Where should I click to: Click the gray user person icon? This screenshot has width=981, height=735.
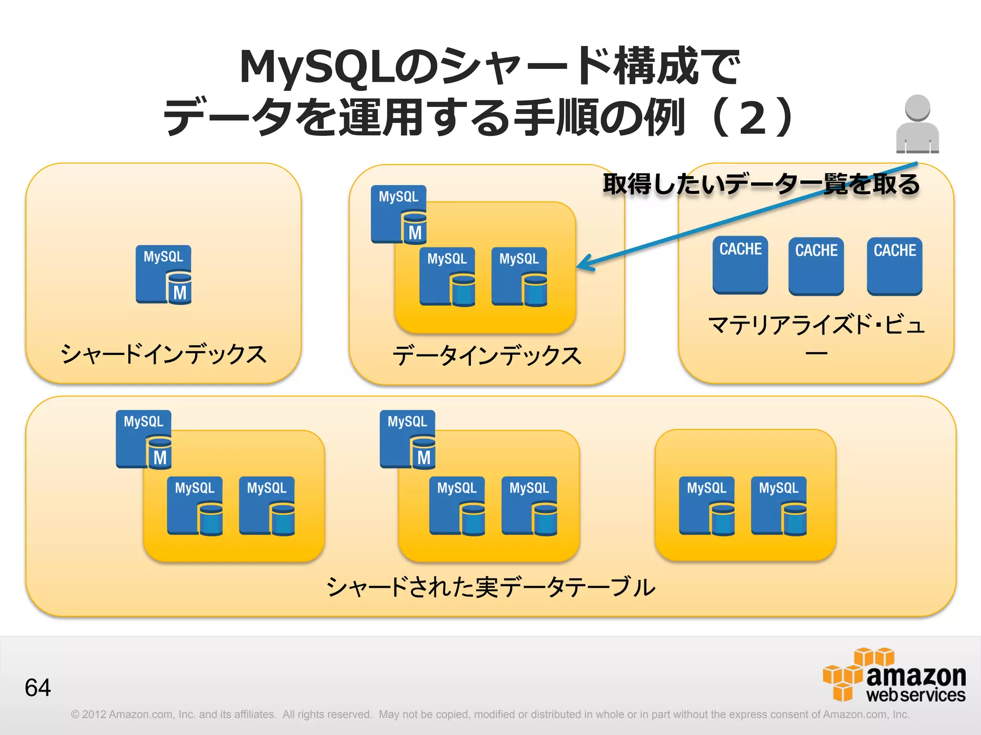(x=917, y=124)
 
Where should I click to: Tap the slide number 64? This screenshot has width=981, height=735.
(x=37, y=688)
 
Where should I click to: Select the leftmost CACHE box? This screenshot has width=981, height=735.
(x=740, y=265)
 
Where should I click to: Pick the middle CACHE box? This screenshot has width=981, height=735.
(x=816, y=266)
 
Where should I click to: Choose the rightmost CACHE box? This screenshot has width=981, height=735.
(x=894, y=266)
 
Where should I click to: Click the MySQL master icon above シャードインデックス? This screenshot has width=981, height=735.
(x=163, y=275)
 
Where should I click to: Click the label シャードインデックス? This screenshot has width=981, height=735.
(x=163, y=355)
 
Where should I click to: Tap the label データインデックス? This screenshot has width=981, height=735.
(x=487, y=356)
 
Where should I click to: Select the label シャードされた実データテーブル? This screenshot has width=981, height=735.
(x=490, y=587)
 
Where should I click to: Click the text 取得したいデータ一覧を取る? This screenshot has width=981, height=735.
(x=761, y=184)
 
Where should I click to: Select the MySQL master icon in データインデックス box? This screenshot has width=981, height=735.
(x=399, y=214)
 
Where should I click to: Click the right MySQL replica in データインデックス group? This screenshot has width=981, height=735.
(x=519, y=277)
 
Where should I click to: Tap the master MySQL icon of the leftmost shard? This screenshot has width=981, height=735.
(x=144, y=439)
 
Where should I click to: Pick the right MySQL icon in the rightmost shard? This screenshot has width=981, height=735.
(x=779, y=506)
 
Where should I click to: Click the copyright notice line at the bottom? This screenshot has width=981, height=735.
(x=490, y=714)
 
